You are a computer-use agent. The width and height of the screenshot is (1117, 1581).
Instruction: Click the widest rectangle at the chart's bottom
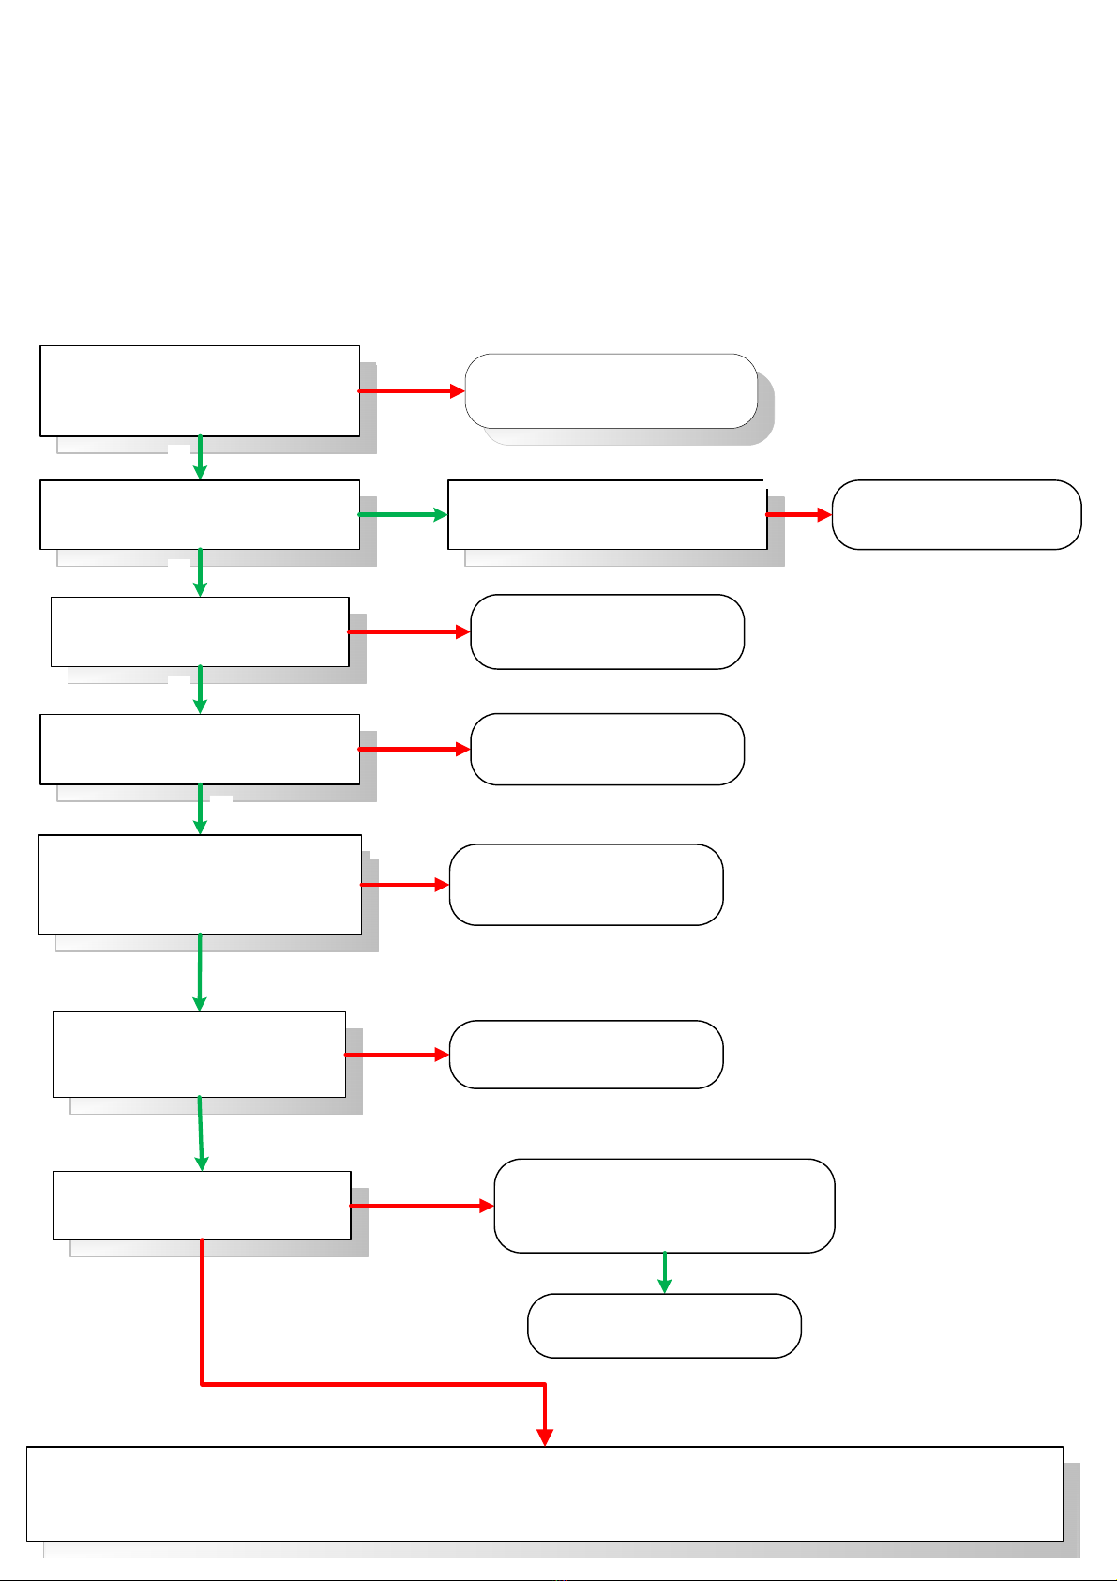coord(544,1493)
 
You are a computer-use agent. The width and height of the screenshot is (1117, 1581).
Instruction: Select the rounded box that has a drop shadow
coord(611,391)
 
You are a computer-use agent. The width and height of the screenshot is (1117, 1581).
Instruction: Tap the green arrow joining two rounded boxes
coord(664,1272)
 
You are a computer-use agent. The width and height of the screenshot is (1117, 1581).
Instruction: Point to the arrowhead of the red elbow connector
coord(545,1437)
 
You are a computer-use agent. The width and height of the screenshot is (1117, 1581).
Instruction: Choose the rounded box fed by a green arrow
coord(664,1326)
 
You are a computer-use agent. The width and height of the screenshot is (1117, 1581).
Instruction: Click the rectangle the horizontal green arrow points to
coord(607,515)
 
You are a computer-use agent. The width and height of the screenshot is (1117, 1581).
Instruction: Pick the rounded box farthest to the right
coord(957,515)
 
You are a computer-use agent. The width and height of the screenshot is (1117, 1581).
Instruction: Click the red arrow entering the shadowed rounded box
coord(412,391)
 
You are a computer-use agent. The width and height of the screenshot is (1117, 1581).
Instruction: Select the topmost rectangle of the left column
coord(200,391)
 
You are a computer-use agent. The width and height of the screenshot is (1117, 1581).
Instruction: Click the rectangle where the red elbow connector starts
coord(202,1206)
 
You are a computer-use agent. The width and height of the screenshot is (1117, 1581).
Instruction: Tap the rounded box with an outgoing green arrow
coord(664,1206)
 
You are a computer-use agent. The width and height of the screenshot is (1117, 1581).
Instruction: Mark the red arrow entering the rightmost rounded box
coord(799,515)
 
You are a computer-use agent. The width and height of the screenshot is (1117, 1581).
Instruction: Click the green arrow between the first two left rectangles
coord(200,458)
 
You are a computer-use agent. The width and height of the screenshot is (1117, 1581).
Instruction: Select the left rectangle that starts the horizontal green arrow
coord(200,515)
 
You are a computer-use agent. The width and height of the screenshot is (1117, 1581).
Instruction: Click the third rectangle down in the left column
coord(200,631)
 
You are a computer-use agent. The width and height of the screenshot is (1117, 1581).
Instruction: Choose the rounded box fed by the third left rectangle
coord(607,631)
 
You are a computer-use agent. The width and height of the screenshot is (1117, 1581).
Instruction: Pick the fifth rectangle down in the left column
coord(200,885)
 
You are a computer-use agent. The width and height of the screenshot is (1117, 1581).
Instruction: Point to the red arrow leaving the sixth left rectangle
coord(398,1055)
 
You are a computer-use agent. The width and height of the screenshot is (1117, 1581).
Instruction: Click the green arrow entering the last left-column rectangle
coord(201,1133)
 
